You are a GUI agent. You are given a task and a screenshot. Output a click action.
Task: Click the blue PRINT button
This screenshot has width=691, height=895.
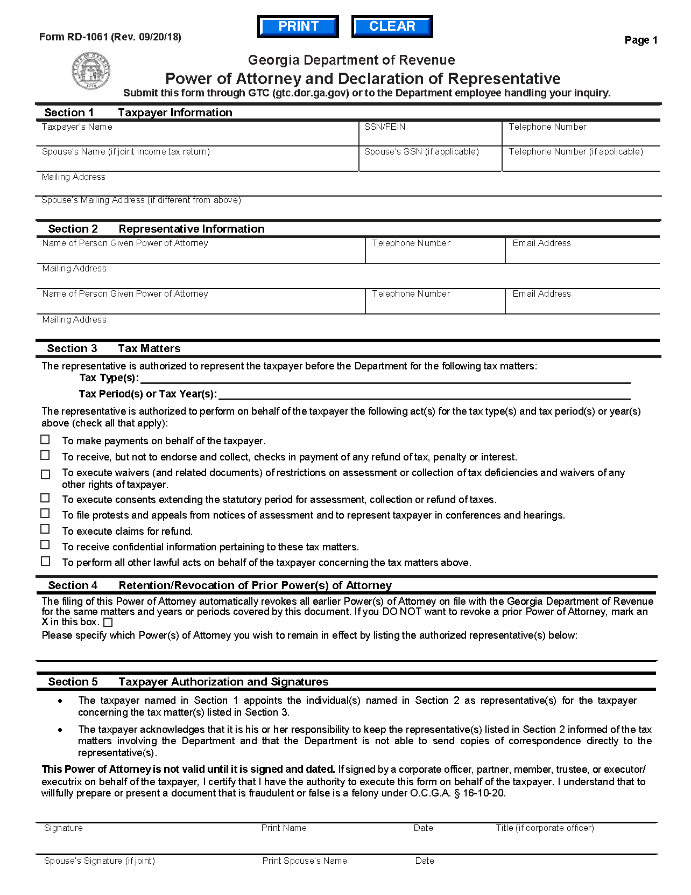pyautogui.click(x=298, y=26)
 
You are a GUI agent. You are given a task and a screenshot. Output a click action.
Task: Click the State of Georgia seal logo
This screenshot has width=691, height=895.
pyautogui.click(x=91, y=71)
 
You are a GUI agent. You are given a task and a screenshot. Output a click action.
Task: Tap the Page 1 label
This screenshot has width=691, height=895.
pyautogui.click(x=640, y=40)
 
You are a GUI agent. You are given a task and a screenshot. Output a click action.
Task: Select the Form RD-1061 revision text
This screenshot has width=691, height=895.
pyautogui.click(x=110, y=37)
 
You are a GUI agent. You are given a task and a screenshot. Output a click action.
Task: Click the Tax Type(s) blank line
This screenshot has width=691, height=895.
pyautogui.click(x=384, y=378)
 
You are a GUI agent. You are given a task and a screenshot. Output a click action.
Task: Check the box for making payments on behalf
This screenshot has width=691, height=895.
pyautogui.click(x=45, y=440)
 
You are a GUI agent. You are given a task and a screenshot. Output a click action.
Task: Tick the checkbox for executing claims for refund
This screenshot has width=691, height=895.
pyautogui.click(x=45, y=529)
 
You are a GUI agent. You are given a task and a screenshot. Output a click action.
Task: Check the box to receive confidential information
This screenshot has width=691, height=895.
pyautogui.click(x=45, y=545)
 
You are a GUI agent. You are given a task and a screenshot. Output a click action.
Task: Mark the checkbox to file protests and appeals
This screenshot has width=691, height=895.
pyautogui.click(x=45, y=514)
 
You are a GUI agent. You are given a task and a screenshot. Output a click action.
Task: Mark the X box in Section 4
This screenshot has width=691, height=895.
pyautogui.click(x=108, y=623)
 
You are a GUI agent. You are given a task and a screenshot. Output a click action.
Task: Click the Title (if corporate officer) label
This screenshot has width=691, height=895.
pyautogui.click(x=545, y=828)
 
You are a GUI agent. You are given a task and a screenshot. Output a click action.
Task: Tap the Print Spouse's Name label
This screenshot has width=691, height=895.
pyautogui.click(x=305, y=861)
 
